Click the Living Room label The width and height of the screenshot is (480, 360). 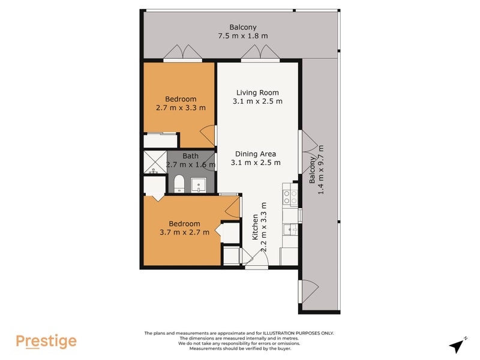[x=257, y=92]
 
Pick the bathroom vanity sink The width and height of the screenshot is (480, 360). [x=198, y=184]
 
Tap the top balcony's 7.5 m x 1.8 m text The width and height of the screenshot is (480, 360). [x=242, y=36]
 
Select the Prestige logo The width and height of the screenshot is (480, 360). [x=46, y=341]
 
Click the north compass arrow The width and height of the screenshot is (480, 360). [x=458, y=345]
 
